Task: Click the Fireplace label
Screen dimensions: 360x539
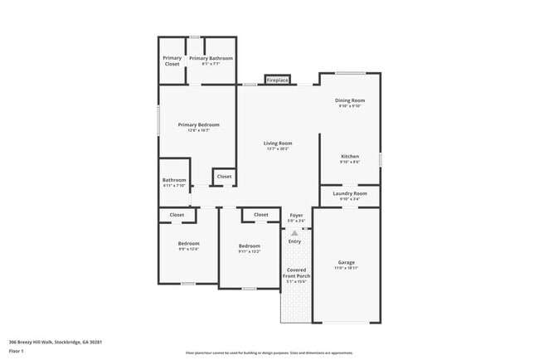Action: (x=277, y=80)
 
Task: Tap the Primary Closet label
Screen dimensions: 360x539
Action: (x=172, y=61)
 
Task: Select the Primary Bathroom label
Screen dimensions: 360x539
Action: (x=211, y=58)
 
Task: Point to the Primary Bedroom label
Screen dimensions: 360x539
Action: (x=199, y=124)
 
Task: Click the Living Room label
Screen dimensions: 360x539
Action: (x=278, y=144)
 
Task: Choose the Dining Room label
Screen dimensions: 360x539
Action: (x=351, y=100)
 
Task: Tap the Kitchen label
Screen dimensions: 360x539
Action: (x=350, y=156)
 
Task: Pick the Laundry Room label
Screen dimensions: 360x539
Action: (x=349, y=193)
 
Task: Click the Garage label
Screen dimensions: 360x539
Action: (x=346, y=262)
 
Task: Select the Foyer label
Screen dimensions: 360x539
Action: (x=296, y=216)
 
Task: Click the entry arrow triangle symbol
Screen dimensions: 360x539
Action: (x=294, y=233)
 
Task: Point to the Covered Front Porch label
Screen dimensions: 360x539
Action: (x=296, y=273)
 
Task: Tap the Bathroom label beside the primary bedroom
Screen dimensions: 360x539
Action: (x=174, y=180)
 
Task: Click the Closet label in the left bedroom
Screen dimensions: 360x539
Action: (x=177, y=215)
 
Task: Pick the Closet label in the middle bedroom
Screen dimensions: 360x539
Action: (x=261, y=215)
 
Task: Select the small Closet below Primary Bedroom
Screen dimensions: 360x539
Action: (x=224, y=176)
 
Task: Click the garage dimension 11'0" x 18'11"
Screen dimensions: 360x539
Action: (x=346, y=269)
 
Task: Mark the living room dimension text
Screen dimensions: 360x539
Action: (x=278, y=149)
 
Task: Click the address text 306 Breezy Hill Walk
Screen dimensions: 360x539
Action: (x=45, y=342)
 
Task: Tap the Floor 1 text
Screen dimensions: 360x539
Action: (x=16, y=351)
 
